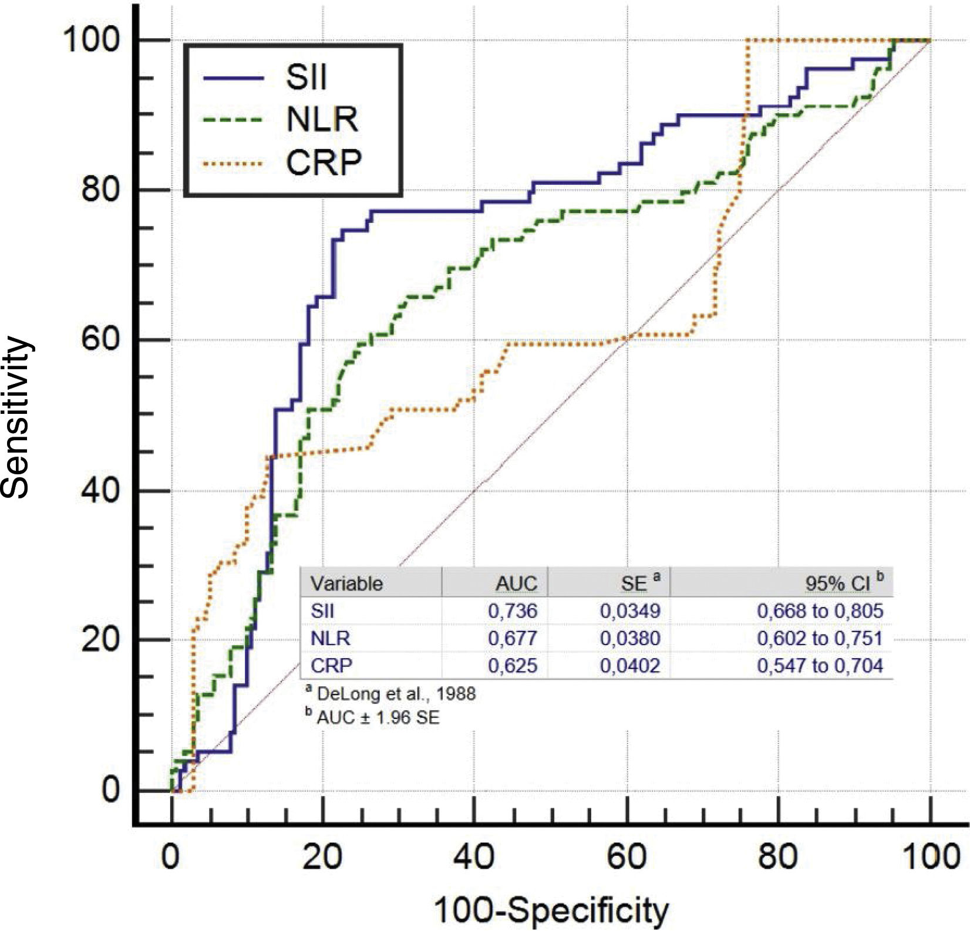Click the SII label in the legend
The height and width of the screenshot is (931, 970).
point(306,77)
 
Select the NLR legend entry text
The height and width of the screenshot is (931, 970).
point(322,120)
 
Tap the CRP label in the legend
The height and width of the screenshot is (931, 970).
point(324,162)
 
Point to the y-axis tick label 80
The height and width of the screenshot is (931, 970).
point(100,189)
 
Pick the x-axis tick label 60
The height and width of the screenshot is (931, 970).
point(627,856)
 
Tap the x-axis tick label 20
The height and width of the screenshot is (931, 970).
point(322,856)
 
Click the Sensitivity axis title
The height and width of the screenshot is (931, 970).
point(16,417)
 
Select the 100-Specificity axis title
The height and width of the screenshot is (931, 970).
point(551,910)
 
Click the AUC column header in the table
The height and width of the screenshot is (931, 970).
point(516,583)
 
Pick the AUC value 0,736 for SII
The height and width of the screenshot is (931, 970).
point(512,610)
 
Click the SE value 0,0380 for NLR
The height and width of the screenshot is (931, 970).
point(629,638)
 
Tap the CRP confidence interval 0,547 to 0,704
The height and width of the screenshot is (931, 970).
point(820,666)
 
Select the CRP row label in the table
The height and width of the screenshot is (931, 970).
point(331,666)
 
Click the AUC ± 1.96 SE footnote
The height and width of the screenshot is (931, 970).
point(378,717)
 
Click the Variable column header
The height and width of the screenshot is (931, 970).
point(346,583)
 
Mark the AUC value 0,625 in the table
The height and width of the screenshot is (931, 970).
point(512,666)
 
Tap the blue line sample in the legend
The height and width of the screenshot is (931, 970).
point(233,77)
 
